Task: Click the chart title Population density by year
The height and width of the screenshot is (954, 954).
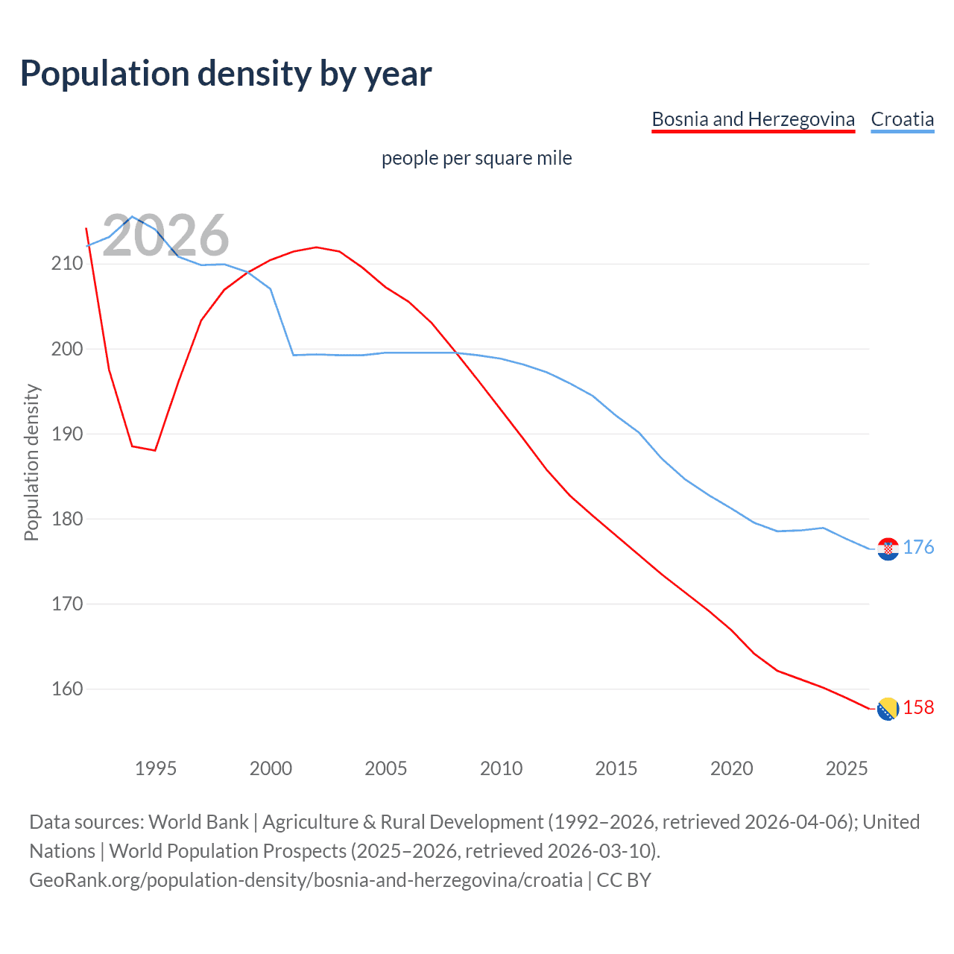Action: pyautogui.click(x=226, y=74)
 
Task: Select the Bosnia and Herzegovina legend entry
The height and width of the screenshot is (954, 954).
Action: pyautogui.click(x=753, y=119)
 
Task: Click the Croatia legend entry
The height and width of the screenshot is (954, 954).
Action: pyautogui.click(x=902, y=119)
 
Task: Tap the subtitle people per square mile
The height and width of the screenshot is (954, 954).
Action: pyautogui.click(x=476, y=159)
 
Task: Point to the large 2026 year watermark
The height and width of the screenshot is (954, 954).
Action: pyautogui.click(x=165, y=236)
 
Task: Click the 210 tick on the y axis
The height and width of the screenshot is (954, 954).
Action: pyautogui.click(x=66, y=264)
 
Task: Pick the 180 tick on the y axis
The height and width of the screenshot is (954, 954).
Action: pyautogui.click(x=66, y=519)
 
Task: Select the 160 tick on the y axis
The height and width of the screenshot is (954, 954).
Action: pyautogui.click(x=66, y=689)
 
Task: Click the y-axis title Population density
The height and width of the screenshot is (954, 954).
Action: pyautogui.click(x=31, y=462)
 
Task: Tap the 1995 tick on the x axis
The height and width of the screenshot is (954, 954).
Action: pyautogui.click(x=155, y=768)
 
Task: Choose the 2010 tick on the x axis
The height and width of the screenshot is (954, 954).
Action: pyautogui.click(x=501, y=768)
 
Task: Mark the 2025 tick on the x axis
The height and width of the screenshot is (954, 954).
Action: pyautogui.click(x=847, y=768)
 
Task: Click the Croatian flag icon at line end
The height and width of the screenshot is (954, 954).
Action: pyautogui.click(x=888, y=549)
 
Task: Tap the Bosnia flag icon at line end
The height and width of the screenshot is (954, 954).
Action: pyautogui.click(x=888, y=709)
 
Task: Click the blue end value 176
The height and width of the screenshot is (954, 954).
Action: pyautogui.click(x=918, y=548)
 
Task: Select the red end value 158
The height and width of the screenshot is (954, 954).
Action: pyautogui.click(x=918, y=708)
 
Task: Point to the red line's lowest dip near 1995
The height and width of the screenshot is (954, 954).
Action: pyautogui.click(x=154, y=450)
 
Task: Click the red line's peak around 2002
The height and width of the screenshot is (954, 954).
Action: pyautogui.click(x=316, y=247)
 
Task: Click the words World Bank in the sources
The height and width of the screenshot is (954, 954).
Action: pyautogui.click(x=198, y=822)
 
